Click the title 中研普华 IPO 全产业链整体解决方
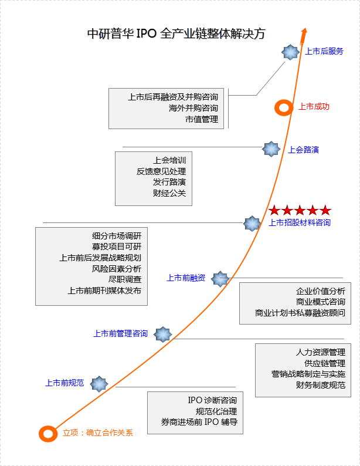[175, 33]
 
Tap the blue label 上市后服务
[324, 51]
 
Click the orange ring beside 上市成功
[284, 107]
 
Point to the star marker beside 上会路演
[270, 149]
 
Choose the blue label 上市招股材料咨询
[299, 222]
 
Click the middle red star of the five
[300, 210]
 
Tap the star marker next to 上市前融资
[220, 279]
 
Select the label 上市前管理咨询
[120, 333]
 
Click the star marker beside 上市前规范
[99, 384]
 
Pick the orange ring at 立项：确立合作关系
[47, 433]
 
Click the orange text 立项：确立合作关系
[98, 433]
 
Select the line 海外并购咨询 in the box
[193, 108]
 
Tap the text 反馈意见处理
[161, 171]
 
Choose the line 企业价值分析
[320, 291]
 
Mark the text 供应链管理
[324, 363]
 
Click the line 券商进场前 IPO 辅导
[199, 422]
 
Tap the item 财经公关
[169, 193]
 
